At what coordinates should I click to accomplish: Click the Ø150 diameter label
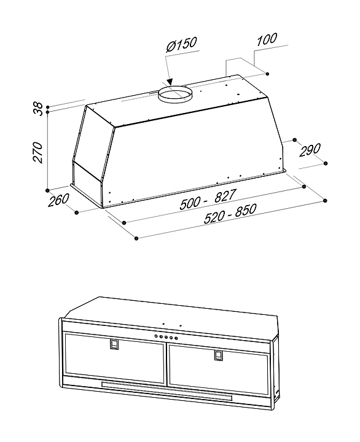click(x=181, y=44)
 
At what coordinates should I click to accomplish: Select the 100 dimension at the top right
click(x=267, y=39)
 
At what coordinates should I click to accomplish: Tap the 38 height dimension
click(x=38, y=109)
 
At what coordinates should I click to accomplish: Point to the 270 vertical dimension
click(x=38, y=152)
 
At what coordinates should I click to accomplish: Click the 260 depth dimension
click(x=58, y=200)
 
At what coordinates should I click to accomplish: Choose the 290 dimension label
click(x=310, y=150)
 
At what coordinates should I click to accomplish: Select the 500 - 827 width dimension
click(x=208, y=200)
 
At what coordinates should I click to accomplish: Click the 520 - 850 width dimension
click(x=230, y=214)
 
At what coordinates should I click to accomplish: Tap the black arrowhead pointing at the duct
click(x=170, y=82)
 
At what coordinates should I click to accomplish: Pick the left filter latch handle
click(x=114, y=344)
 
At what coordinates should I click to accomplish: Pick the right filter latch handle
click(x=218, y=355)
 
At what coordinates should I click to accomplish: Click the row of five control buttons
click(x=166, y=337)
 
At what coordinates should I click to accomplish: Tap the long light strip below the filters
click(x=166, y=391)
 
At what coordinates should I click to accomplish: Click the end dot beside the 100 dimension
click(x=267, y=74)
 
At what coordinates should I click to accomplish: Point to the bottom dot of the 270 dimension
click(x=48, y=190)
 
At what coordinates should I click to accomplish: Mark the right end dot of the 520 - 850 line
click(x=326, y=201)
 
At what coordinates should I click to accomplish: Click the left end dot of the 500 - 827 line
click(x=124, y=223)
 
